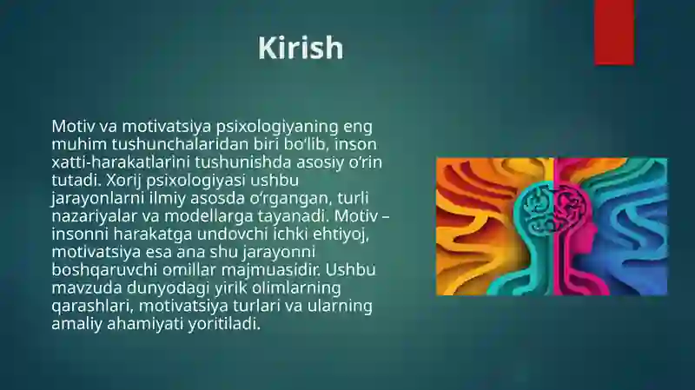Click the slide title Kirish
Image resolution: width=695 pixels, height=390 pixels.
point(301,48)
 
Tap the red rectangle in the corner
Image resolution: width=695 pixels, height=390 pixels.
point(614,32)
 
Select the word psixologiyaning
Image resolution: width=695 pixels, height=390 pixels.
point(278,127)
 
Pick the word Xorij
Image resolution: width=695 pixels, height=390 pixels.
point(122,181)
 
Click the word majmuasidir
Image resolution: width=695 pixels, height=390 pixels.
point(271,270)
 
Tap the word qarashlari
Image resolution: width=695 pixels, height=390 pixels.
point(93,307)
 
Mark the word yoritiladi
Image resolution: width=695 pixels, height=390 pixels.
point(224,324)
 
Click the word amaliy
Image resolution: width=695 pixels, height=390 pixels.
point(77,324)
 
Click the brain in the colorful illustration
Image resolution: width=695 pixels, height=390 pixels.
point(554,208)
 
